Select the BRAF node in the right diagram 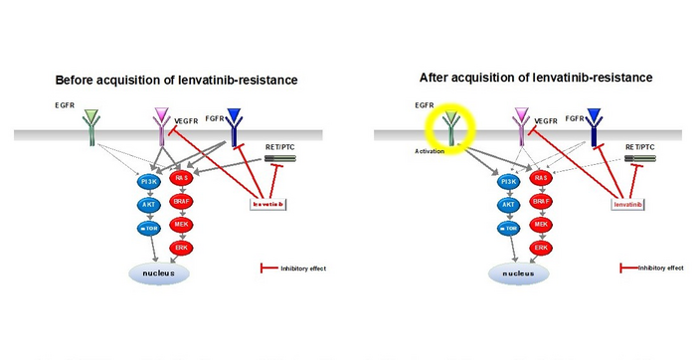[x=541, y=200]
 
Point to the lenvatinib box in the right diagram [x=628, y=203]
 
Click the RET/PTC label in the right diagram [x=641, y=146]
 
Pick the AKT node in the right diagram [x=507, y=204]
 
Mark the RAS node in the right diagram [x=541, y=178]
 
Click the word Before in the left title [x=77, y=80]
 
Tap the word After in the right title [x=435, y=77]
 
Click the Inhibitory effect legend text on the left [x=299, y=269]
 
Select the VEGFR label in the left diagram [x=187, y=119]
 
